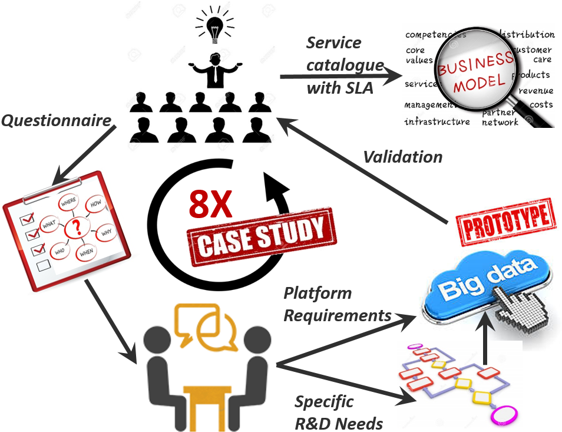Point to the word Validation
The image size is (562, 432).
click(x=402, y=157)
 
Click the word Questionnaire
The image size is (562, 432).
click(x=57, y=121)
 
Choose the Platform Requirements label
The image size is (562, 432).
click(x=336, y=304)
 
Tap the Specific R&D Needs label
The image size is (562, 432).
click(x=338, y=413)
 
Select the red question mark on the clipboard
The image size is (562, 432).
click(x=75, y=227)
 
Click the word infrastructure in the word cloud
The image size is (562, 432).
click(x=437, y=121)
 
